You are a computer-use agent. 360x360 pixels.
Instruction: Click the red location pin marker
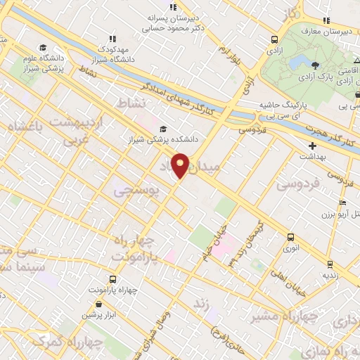coord(181,165)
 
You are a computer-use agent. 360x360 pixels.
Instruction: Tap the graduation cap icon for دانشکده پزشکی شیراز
coord(164,129)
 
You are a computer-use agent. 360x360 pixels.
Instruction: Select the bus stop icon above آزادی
coord(274,40)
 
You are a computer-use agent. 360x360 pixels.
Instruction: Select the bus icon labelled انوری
coord(290,238)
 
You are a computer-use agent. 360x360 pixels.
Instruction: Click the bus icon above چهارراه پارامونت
coord(113,278)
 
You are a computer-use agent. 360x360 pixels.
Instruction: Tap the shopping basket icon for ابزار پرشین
coord(98,304)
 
